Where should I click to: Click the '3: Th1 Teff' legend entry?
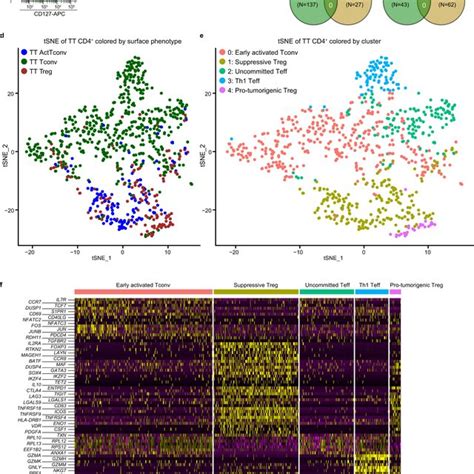[x=249, y=97]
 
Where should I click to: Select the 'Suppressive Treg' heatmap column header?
[x=256, y=283]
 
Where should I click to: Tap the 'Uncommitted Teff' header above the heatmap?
[x=326, y=283]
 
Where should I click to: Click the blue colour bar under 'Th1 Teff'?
[x=371, y=291]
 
